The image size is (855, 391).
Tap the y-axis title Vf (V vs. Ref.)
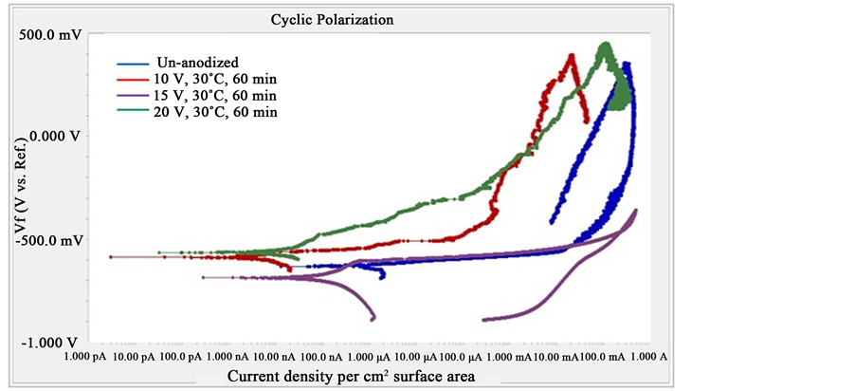click(20, 189)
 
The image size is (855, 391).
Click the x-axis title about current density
click(351, 378)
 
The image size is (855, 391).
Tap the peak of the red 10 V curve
click(572, 55)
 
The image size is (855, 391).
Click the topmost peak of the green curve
click(605, 44)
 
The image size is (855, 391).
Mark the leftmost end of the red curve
click(111, 257)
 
